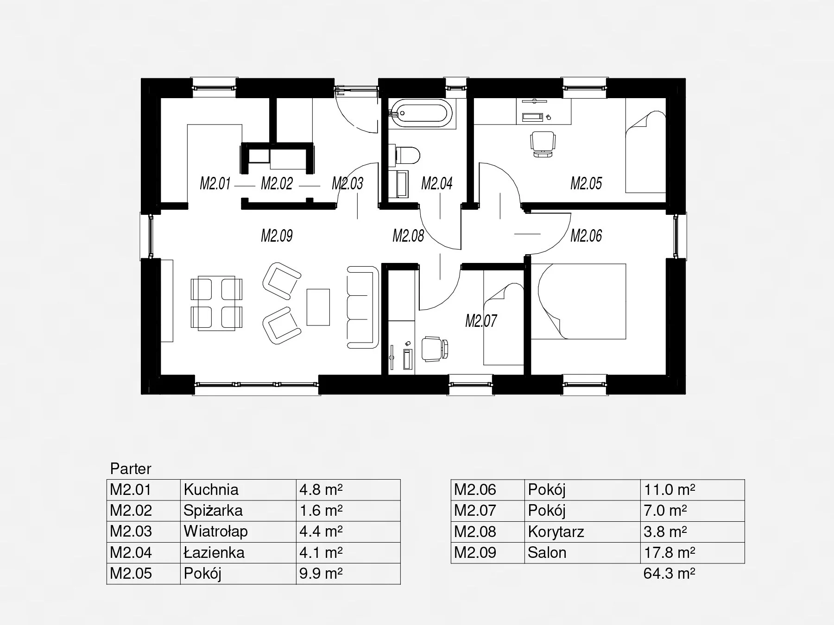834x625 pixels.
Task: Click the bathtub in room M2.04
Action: (x=422, y=113)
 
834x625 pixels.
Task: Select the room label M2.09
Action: (x=277, y=236)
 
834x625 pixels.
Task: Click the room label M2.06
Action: (x=586, y=236)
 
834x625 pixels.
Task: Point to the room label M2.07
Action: (x=481, y=320)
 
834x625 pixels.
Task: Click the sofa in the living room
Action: (x=363, y=307)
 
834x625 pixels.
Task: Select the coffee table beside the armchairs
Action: (x=318, y=307)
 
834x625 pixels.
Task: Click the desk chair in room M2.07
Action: (x=435, y=349)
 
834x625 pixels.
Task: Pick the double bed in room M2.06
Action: (x=578, y=302)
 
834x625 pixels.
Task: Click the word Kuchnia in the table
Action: (x=211, y=489)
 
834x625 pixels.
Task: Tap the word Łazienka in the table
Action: (x=214, y=552)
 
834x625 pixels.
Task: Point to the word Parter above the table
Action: (x=131, y=469)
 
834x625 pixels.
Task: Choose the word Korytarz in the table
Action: (x=556, y=532)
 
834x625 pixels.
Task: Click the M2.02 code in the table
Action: (x=131, y=510)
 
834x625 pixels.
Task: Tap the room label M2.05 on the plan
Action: (x=586, y=183)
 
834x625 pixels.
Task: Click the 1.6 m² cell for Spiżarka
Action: (x=321, y=510)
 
